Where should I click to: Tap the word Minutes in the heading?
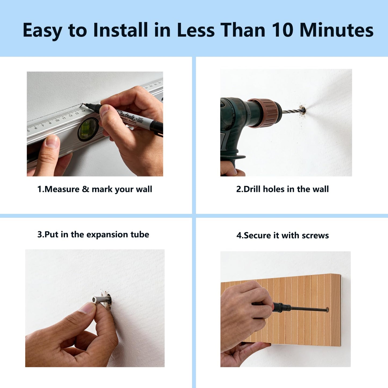337,30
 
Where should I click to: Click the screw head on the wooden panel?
327,310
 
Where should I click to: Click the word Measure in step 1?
62,189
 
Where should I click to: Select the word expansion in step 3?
108,235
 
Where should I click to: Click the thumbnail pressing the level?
52,141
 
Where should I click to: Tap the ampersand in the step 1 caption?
85,189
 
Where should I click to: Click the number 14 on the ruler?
83,111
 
